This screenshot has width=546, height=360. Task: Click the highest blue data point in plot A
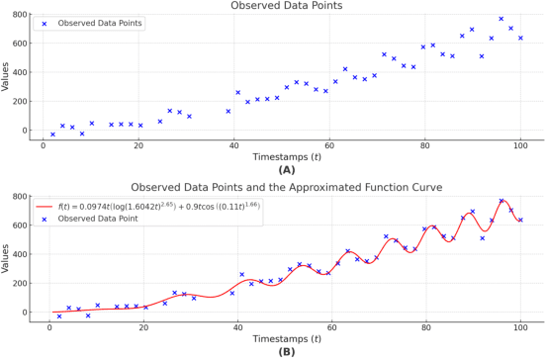pos(501,19)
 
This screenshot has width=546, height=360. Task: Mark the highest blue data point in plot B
pos(501,201)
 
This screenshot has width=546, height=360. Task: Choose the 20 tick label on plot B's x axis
pos(144,327)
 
